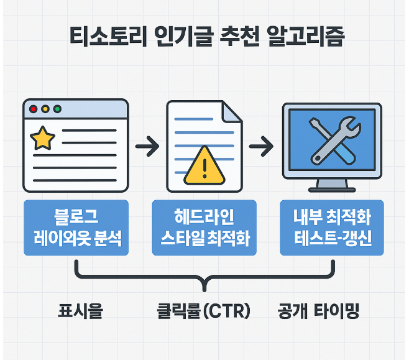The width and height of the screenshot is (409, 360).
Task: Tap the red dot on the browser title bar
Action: click(x=33, y=109)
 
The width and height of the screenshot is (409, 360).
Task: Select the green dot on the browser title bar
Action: click(x=58, y=109)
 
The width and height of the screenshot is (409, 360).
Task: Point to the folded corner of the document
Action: click(x=231, y=112)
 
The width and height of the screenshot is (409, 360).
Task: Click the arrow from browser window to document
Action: click(x=147, y=148)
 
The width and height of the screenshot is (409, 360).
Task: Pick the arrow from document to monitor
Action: click(x=261, y=148)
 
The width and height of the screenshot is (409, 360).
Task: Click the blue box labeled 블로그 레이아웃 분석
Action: click(x=76, y=228)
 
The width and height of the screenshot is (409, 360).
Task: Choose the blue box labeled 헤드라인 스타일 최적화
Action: click(x=204, y=228)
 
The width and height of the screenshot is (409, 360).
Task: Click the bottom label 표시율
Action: click(x=80, y=311)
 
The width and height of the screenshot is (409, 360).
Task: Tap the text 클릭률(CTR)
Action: click(x=204, y=311)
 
